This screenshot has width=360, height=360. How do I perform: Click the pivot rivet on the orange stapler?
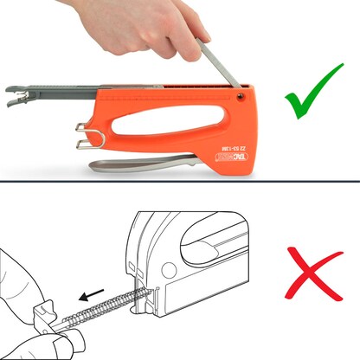coord(240,90)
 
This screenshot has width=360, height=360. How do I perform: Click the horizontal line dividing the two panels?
coord(180,181)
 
